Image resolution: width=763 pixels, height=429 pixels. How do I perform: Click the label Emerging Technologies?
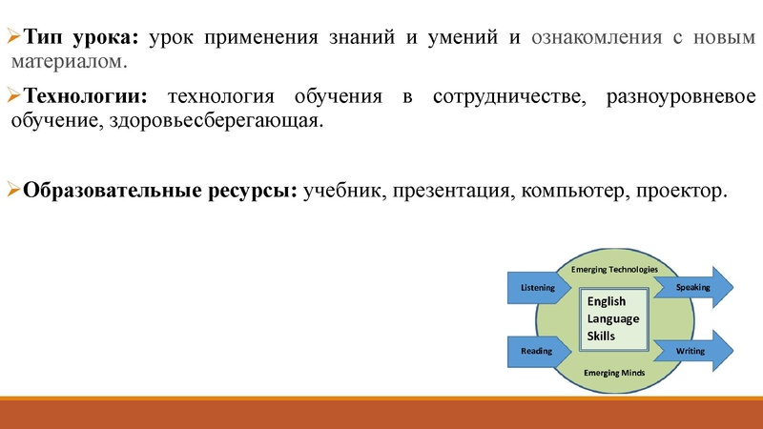(x=614, y=270)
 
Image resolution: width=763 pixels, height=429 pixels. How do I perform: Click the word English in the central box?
(x=607, y=301)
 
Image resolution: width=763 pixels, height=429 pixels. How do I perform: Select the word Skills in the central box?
(x=602, y=336)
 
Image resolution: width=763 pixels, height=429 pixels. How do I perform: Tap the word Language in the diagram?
(x=613, y=318)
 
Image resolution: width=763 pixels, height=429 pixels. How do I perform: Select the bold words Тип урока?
(x=82, y=38)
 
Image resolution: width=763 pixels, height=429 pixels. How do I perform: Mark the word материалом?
(x=67, y=62)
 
